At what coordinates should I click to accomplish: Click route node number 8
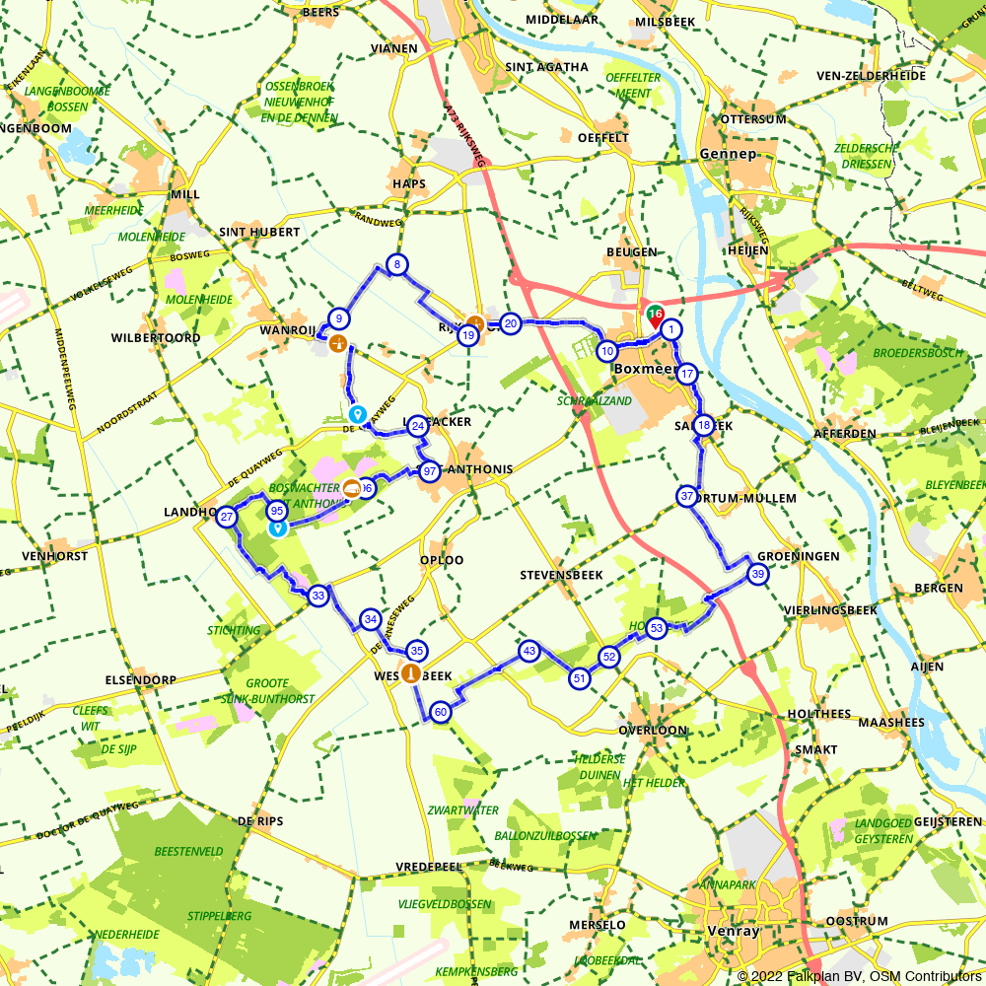pyautogui.click(x=396, y=264)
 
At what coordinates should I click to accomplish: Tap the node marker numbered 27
pyautogui.click(x=228, y=518)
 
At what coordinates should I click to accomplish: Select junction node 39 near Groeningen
pyautogui.click(x=757, y=575)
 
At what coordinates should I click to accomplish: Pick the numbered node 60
pyautogui.click(x=441, y=713)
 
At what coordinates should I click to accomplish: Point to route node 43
pyautogui.click(x=529, y=651)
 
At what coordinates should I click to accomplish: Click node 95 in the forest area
pyautogui.click(x=277, y=511)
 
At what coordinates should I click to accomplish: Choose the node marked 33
pyautogui.click(x=317, y=596)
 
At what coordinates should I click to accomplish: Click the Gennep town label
pyautogui.click(x=728, y=154)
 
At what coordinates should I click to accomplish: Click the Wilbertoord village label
pyautogui.click(x=156, y=338)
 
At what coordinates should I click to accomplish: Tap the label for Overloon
pyautogui.click(x=652, y=731)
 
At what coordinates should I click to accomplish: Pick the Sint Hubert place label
pyautogui.click(x=259, y=232)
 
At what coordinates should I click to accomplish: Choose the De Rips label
pyautogui.click(x=260, y=820)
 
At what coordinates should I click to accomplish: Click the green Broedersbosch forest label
pyautogui.click(x=917, y=353)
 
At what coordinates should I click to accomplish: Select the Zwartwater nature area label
pyautogui.click(x=463, y=810)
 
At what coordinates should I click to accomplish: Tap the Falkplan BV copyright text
pyautogui.click(x=859, y=976)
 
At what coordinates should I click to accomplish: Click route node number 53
pyautogui.click(x=657, y=628)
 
